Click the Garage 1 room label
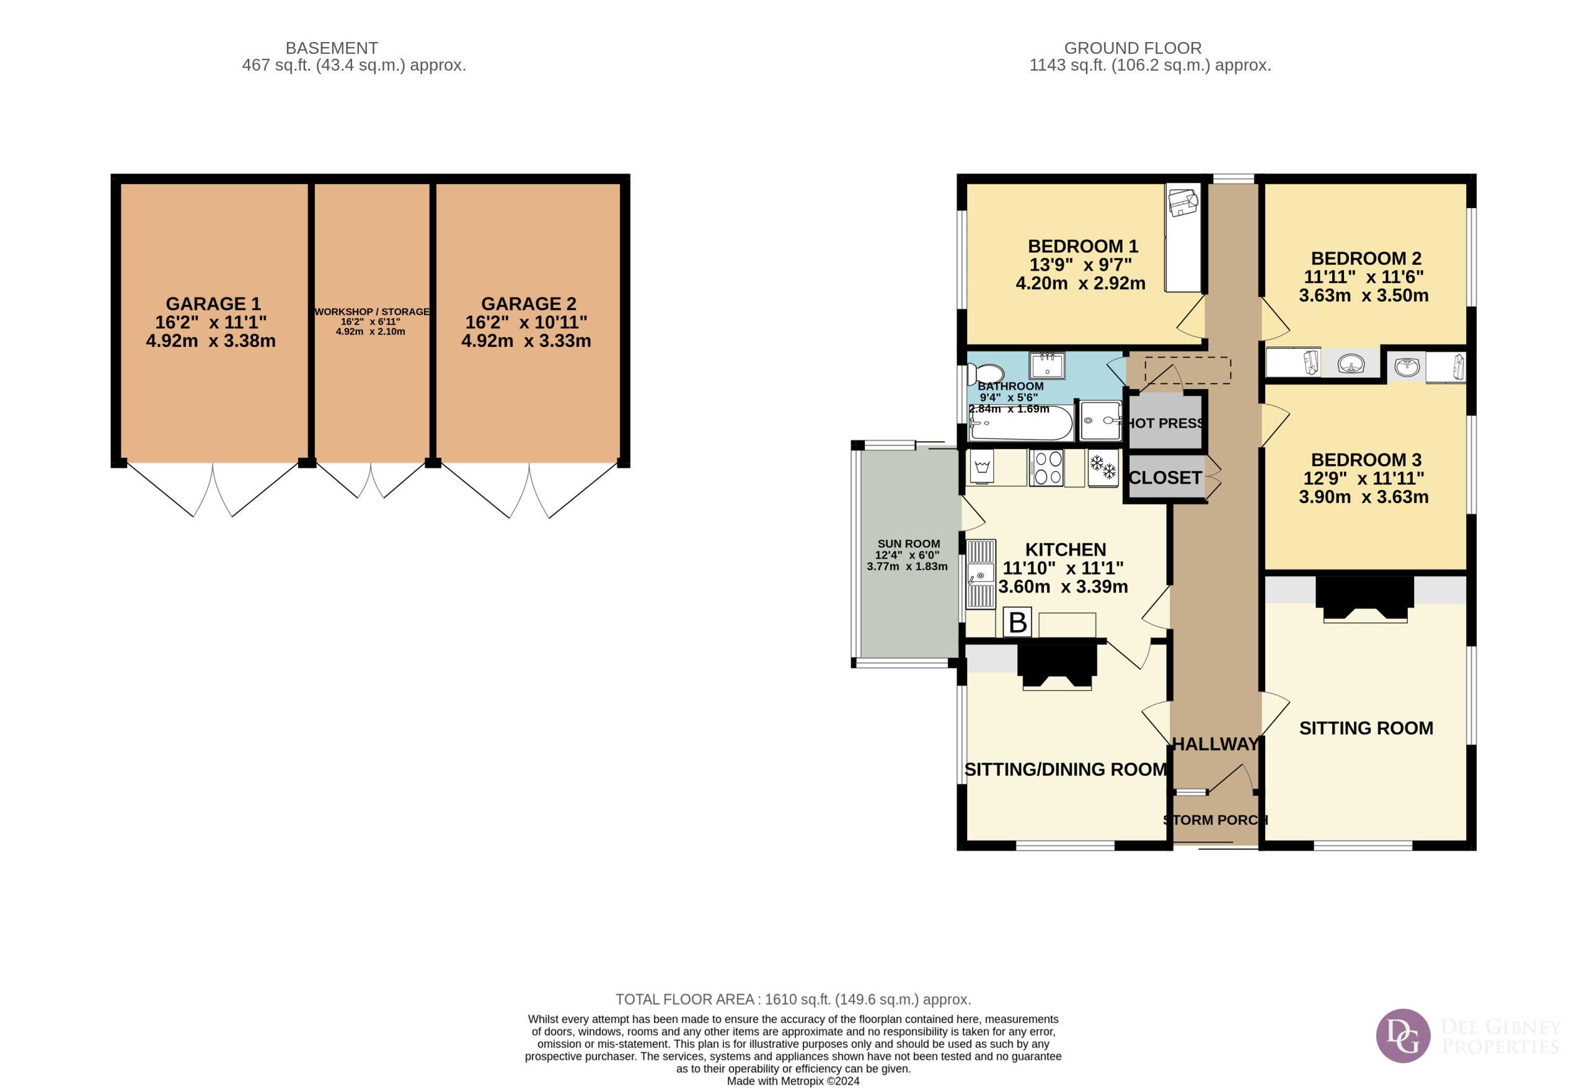(x=213, y=304)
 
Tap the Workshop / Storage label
(x=372, y=312)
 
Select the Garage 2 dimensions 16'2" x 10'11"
(x=526, y=322)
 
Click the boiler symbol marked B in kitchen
(x=1017, y=623)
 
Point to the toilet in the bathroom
(x=987, y=374)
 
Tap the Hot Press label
(x=1164, y=423)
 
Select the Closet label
(x=1165, y=478)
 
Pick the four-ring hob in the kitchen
(x=1045, y=468)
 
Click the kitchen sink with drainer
(x=981, y=574)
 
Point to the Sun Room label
(x=908, y=544)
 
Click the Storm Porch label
(x=1216, y=820)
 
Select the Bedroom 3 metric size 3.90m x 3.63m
(x=1363, y=497)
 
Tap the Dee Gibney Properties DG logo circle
(x=1403, y=1035)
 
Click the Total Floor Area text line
(x=793, y=999)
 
